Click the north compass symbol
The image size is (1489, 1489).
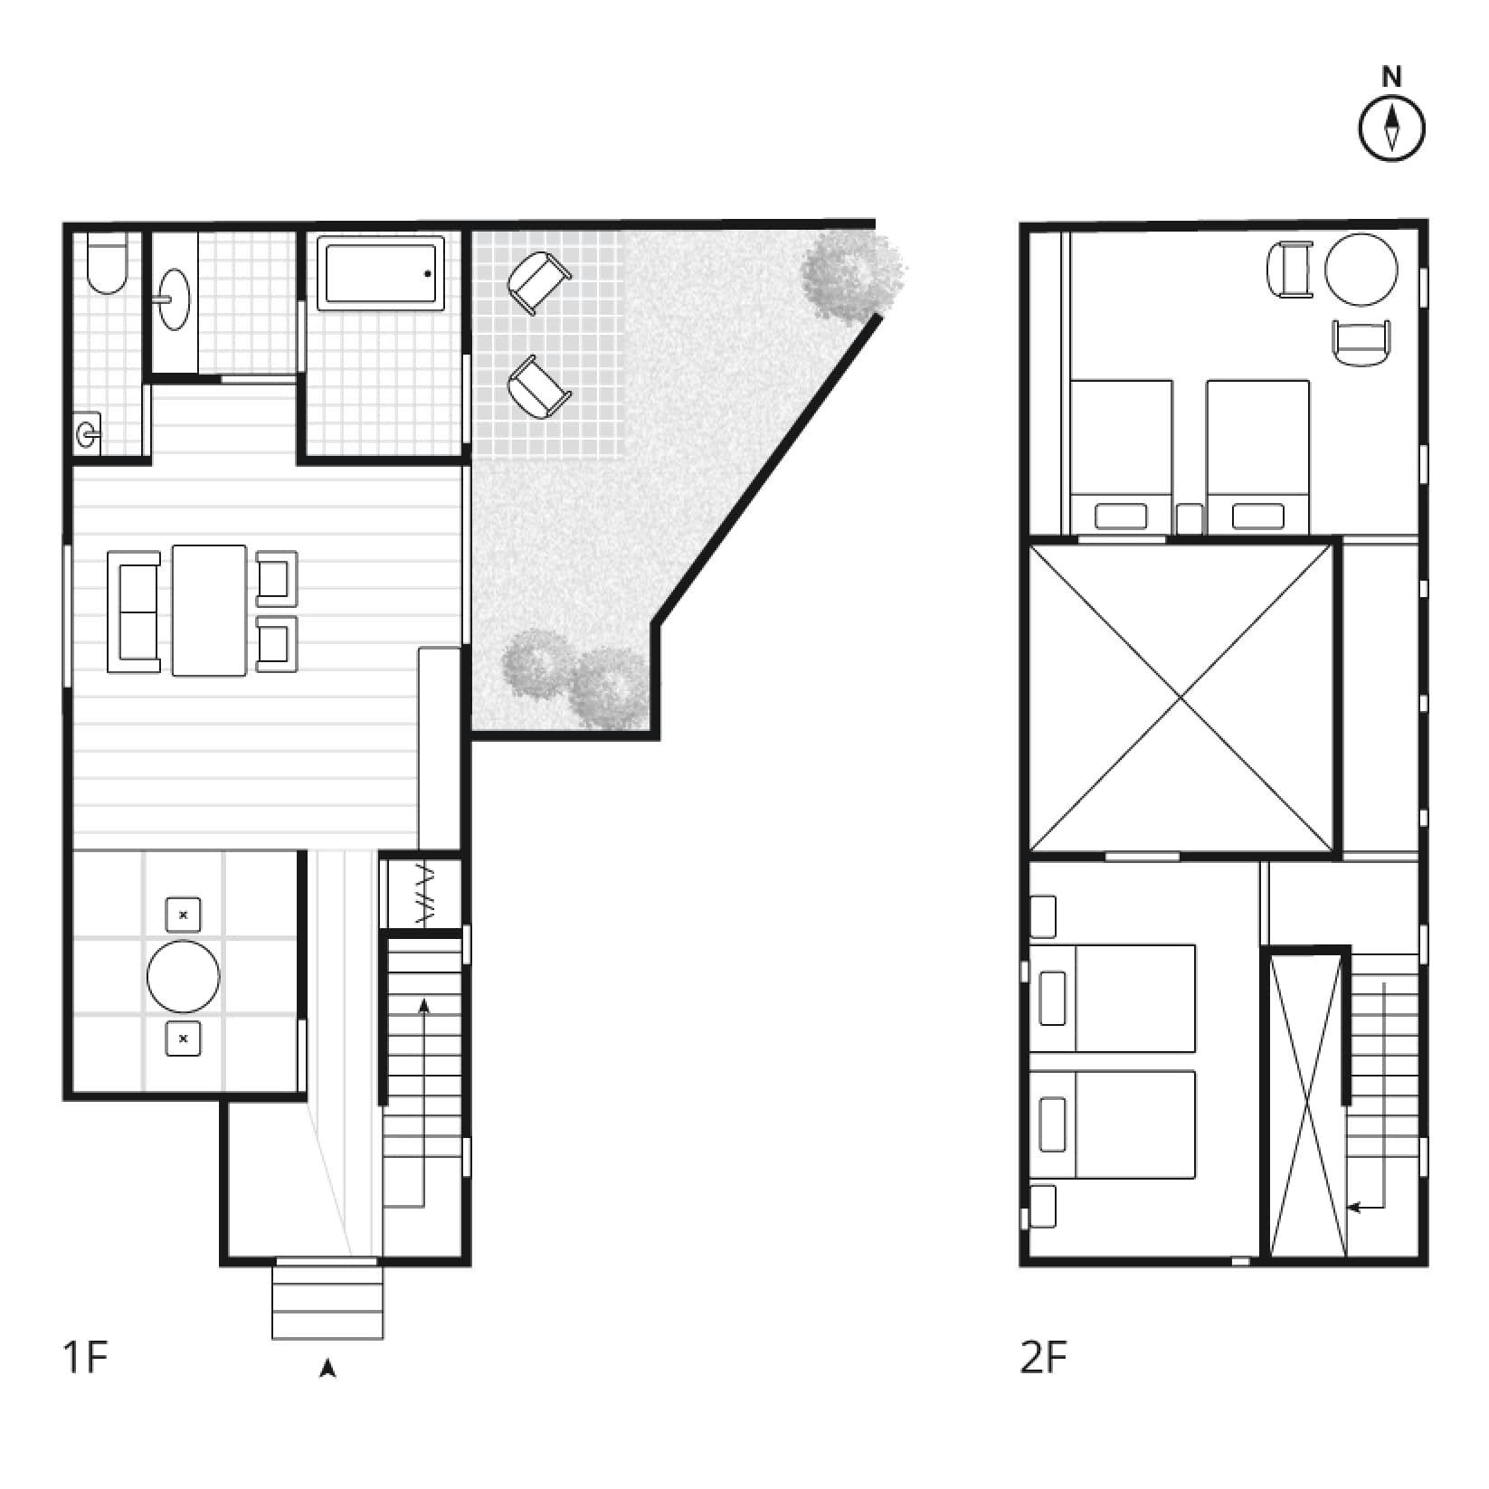pyautogui.click(x=1391, y=128)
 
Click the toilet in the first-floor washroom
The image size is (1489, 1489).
pyautogui.click(x=108, y=264)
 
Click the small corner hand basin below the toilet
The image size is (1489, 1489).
pyautogui.click(x=88, y=435)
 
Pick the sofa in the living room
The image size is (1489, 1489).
pyautogui.click(x=134, y=612)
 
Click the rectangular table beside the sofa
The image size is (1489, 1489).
pyautogui.click(x=209, y=610)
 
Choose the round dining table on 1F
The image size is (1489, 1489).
pyautogui.click(x=184, y=977)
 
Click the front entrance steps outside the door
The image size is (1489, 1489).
pyautogui.click(x=327, y=1302)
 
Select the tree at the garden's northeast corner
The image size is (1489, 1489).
pyautogui.click(x=853, y=274)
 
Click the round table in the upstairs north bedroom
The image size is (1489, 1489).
pyautogui.click(x=1361, y=270)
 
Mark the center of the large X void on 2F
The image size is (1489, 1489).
pyautogui.click(x=1181, y=697)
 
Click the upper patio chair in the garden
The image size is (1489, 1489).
pyautogui.click(x=539, y=281)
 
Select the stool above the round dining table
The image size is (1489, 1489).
pyautogui.click(x=184, y=915)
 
